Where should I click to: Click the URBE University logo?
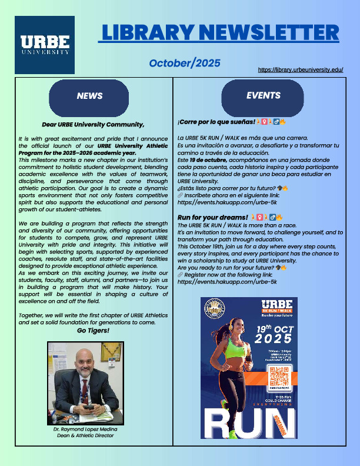45,45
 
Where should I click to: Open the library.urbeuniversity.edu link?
300,69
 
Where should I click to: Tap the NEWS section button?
89,96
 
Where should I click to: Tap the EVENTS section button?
263,95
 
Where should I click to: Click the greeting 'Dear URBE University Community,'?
93,124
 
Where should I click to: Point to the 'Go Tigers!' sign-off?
93,331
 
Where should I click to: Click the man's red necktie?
85,391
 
